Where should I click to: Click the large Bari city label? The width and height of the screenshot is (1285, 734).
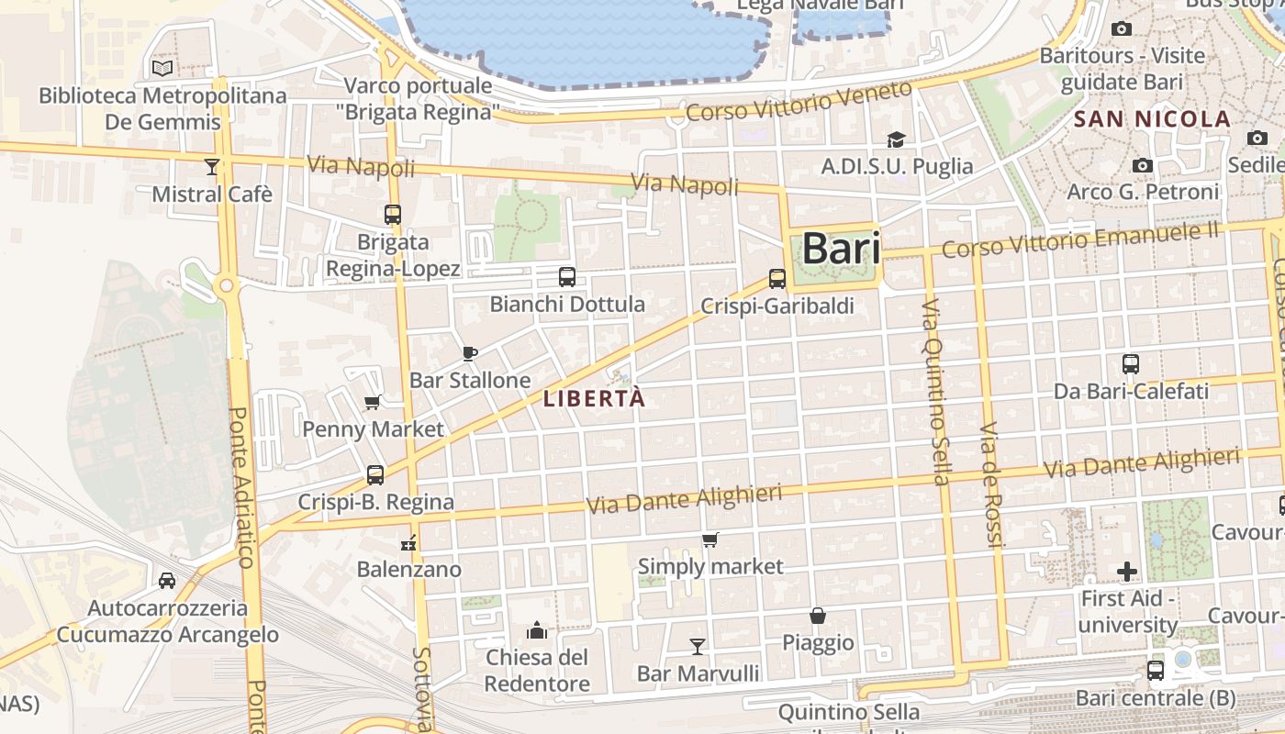(841, 249)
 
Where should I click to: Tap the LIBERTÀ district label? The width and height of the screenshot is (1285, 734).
(595, 399)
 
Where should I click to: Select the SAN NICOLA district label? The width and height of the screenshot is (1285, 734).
(1152, 118)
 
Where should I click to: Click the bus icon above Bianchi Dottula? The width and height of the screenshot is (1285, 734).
(567, 276)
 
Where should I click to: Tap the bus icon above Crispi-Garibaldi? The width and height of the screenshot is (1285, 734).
(777, 278)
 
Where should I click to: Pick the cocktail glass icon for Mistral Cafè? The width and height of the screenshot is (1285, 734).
(212, 166)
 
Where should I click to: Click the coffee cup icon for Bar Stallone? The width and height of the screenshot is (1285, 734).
(470, 353)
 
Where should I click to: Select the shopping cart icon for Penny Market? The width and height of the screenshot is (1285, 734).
(373, 402)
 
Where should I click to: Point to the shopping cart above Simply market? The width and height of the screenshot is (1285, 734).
(710, 539)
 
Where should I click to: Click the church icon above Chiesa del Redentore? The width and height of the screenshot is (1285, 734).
(537, 630)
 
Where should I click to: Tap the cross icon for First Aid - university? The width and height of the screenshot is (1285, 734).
(1127, 572)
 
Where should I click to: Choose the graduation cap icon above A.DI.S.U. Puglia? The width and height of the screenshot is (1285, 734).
(896, 139)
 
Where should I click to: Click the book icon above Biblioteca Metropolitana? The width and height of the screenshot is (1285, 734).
(162, 68)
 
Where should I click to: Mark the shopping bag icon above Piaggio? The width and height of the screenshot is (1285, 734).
(818, 616)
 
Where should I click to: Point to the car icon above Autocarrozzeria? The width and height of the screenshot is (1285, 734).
(167, 580)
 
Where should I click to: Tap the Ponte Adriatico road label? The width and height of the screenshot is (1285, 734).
(240, 487)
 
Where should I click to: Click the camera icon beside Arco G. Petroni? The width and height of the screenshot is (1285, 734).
(1143, 165)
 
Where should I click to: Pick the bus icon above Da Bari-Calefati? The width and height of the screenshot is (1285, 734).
(1131, 364)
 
